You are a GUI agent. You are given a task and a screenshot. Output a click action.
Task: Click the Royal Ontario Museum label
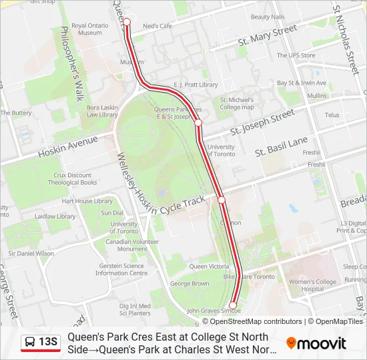[89, 28]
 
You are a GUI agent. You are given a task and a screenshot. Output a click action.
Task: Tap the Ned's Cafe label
[157, 26]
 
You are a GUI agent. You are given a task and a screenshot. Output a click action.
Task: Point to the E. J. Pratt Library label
[196, 85]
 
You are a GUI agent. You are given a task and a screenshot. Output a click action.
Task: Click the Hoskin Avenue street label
[67, 147]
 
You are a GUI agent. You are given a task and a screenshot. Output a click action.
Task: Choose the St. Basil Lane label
[281, 147]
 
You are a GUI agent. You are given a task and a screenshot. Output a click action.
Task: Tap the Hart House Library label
[87, 201]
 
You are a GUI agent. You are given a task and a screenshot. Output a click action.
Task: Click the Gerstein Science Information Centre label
[121, 269]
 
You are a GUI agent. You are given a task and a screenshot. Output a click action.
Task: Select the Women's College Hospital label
[312, 285]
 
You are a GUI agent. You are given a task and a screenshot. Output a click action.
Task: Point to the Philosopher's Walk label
[71, 63]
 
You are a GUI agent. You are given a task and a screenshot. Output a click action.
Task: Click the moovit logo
[316, 343]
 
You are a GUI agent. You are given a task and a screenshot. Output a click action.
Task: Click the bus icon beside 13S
[31, 343]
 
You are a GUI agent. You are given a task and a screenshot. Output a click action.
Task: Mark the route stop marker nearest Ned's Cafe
[127, 22]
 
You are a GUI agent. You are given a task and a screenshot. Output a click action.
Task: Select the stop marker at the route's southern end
[233, 305]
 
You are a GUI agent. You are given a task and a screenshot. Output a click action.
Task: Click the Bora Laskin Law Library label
[102, 111]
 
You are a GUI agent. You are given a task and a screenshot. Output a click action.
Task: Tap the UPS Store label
[296, 55]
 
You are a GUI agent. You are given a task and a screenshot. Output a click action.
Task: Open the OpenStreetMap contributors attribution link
[247, 321]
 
